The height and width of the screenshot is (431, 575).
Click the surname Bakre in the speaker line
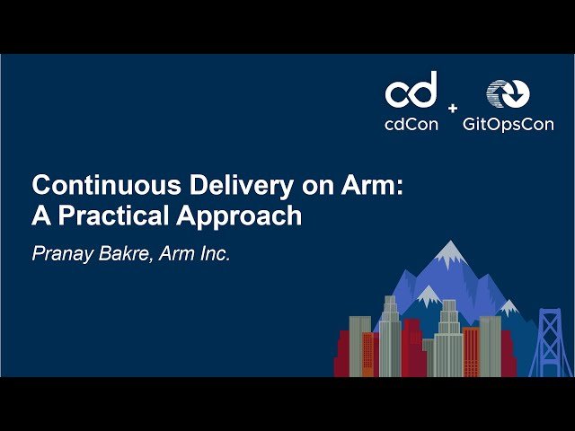point(127,255)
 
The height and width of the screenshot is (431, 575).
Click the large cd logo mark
point(411,90)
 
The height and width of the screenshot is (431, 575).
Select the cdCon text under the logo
point(411,125)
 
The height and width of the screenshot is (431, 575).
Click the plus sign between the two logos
point(452,109)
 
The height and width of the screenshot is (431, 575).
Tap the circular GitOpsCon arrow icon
point(508,92)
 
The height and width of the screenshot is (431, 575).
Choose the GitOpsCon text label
point(508,125)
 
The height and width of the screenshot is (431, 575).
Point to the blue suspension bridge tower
point(549,341)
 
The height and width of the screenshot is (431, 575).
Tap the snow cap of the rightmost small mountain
point(509,309)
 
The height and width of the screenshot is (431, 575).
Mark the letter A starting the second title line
point(41,216)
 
